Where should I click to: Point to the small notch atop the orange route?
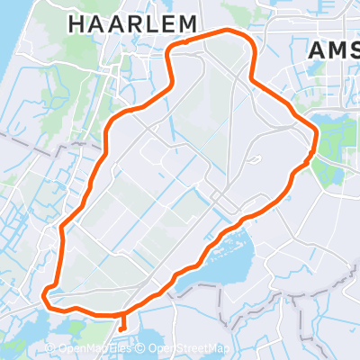click(184, 42)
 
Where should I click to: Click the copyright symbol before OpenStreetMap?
click(142, 349)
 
